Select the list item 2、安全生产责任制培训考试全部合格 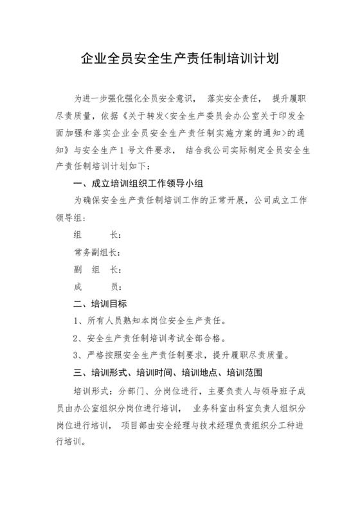(x=150, y=337)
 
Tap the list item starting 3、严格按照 (x=181, y=355)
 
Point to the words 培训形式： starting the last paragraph (x=93, y=390)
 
